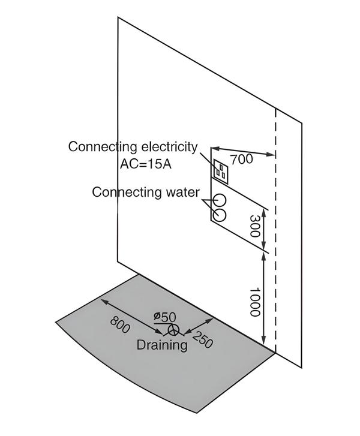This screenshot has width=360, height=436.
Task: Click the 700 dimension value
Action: click(x=241, y=160)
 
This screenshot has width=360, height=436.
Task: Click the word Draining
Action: click(x=162, y=345)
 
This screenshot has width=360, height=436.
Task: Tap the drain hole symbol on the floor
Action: click(x=173, y=329)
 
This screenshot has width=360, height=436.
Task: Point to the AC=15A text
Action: click(x=145, y=163)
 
